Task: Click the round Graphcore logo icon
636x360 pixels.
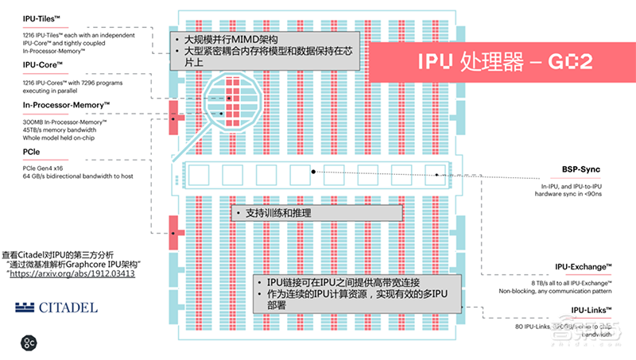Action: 29,343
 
